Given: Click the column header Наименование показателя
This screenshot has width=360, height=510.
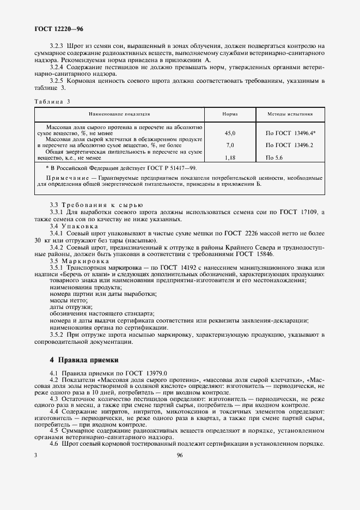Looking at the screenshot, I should (x=119, y=115).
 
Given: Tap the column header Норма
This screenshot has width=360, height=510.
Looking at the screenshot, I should (x=230, y=115).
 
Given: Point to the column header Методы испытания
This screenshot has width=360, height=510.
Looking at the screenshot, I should (x=289, y=115).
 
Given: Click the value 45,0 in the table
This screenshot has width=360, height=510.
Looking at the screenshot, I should (x=230, y=133).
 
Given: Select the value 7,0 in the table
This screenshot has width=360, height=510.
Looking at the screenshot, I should (x=230, y=145).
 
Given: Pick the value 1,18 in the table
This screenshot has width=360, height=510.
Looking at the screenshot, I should (x=230, y=158).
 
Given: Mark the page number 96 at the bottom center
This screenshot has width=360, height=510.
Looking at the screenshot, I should (x=179, y=456).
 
